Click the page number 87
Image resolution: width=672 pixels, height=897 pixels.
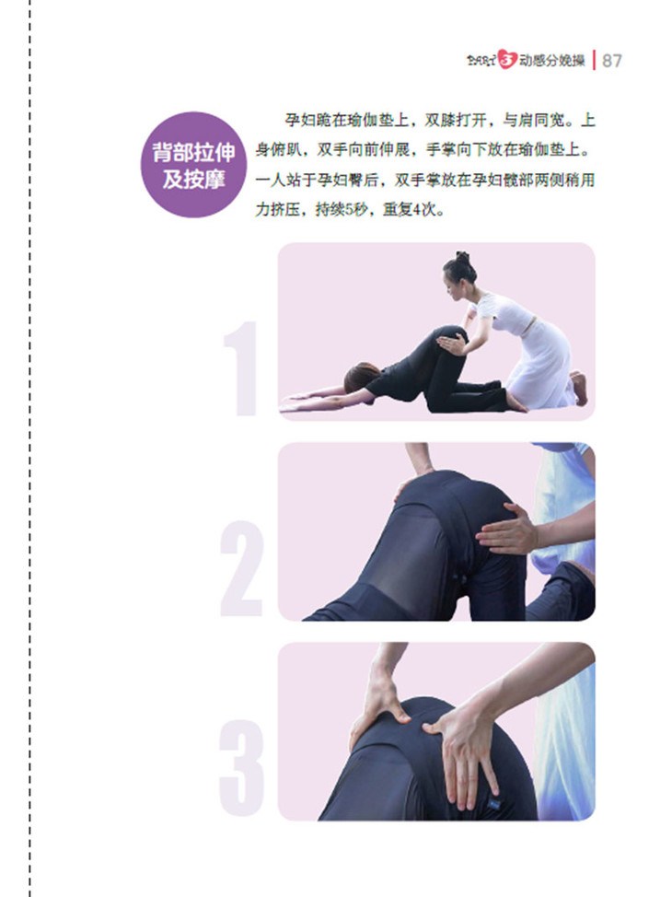[x=611, y=61]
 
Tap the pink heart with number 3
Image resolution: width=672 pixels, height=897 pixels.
[x=506, y=60]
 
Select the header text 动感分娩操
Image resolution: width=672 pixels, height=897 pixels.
[x=551, y=61]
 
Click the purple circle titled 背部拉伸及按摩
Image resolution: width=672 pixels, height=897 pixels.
[x=193, y=165]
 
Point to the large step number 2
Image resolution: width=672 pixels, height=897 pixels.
[x=242, y=568]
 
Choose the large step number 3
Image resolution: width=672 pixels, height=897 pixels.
[x=242, y=768]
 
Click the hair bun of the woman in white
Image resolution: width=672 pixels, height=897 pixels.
[x=462, y=257]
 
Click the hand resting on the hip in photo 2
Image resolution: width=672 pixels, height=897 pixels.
[x=507, y=530]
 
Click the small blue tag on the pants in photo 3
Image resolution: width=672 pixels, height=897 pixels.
[x=492, y=806]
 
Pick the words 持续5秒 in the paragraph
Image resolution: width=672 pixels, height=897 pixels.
[x=342, y=210]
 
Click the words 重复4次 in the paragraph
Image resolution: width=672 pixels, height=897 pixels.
[x=409, y=210]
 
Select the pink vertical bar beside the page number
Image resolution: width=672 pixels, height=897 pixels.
[x=595, y=60]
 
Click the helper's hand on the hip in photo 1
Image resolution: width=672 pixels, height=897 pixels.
[x=452, y=344]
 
